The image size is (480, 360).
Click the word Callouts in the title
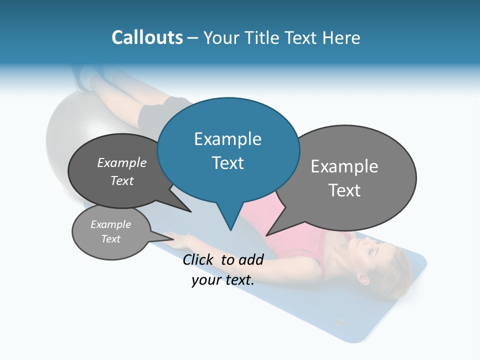[147, 37]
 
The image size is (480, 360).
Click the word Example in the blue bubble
[227, 139]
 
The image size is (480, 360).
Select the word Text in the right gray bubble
[344, 190]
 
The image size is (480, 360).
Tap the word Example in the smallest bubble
[110, 224]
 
